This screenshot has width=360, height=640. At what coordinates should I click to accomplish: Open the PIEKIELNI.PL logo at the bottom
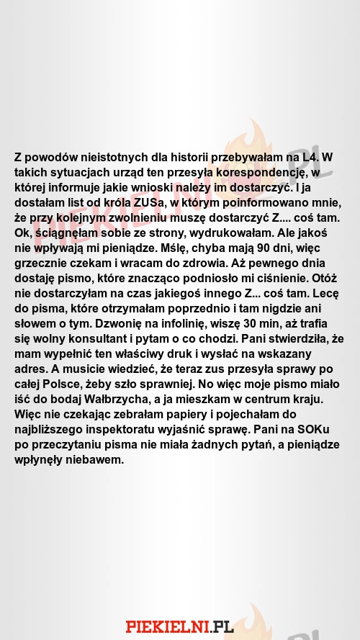tap(180, 627)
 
